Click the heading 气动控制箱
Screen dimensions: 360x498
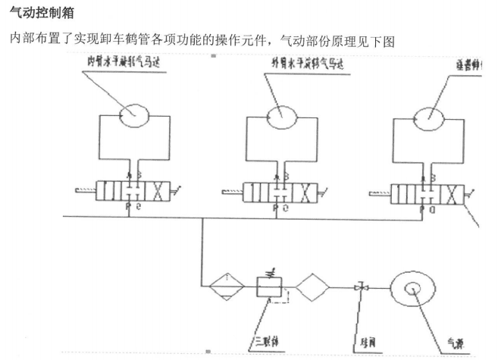(37, 14)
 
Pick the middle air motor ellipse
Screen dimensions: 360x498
(280, 115)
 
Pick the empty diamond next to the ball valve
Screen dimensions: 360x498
(314, 288)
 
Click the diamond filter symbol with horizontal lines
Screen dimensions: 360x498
(226, 288)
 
